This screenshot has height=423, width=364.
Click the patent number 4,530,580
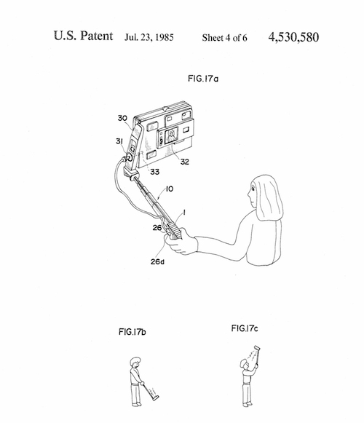pyautogui.click(x=293, y=37)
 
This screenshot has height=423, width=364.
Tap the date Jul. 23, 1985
pyautogui.click(x=149, y=37)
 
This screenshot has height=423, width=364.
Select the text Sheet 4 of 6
pyautogui.click(x=224, y=38)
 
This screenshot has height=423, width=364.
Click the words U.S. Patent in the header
pyautogui.click(x=83, y=36)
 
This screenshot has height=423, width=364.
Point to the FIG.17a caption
pyautogui.click(x=203, y=79)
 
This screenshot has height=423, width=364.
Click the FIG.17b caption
pyautogui.click(x=132, y=331)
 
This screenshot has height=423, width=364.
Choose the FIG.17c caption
pyautogui.click(x=245, y=328)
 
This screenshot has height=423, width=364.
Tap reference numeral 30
pyautogui.click(x=122, y=118)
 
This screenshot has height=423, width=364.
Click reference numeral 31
pyautogui.click(x=119, y=141)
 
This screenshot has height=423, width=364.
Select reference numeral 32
pyautogui.click(x=185, y=162)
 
